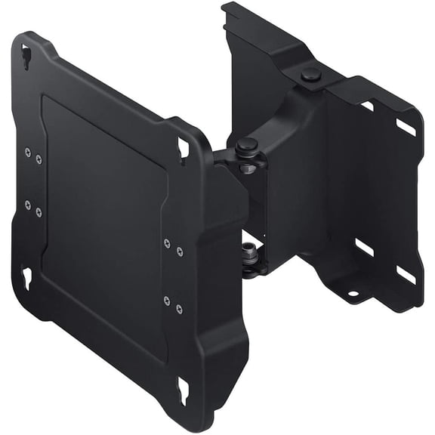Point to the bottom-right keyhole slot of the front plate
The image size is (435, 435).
(182, 390)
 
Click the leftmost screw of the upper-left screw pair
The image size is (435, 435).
(28, 152)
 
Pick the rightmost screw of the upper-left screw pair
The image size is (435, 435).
(39, 159)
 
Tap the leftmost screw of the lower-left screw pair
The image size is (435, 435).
(28, 204)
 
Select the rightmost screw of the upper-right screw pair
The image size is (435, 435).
(179, 251)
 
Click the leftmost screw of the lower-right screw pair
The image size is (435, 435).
(166, 300)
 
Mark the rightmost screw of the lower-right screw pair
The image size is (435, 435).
(179, 308)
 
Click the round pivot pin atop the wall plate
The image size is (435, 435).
(310, 74)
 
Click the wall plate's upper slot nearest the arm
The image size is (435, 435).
(368, 106)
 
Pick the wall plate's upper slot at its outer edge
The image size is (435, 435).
(406, 128)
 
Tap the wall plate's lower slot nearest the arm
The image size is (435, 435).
(366, 248)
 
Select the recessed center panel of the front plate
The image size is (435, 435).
(102, 227)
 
